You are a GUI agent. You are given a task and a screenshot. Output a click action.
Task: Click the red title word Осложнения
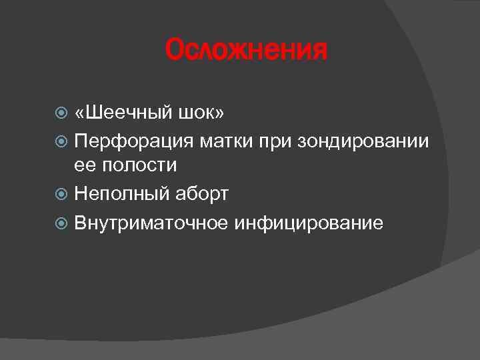coord(247,51)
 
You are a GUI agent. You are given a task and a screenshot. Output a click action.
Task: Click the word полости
coord(137,165)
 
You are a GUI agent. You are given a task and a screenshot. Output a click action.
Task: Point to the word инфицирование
coord(309,222)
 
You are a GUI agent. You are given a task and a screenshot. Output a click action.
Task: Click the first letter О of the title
coord(175,51)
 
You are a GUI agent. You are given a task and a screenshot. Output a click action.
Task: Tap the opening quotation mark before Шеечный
coord(81,114)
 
